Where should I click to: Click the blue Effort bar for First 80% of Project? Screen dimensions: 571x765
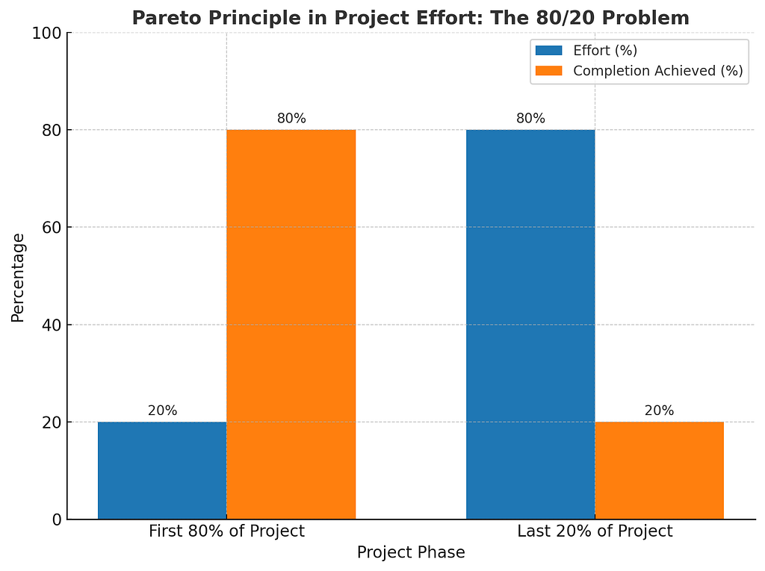click(x=162, y=470)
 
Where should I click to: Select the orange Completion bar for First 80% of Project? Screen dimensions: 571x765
click(x=291, y=325)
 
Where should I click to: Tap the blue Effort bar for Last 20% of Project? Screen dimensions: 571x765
click(x=530, y=325)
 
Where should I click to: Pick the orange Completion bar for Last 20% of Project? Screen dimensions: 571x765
click(x=659, y=470)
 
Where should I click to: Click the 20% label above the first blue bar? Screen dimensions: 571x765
click(x=162, y=411)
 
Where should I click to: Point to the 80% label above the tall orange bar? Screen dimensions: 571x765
click(x=291, y=118)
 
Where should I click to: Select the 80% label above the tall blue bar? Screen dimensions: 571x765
click(x=530, y=118)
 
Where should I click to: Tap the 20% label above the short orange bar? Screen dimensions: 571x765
click(x=659, y=411)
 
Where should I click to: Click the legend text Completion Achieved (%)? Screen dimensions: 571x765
click(x=657, y=71)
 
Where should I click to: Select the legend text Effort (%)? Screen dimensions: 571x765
click(x=605, y=51)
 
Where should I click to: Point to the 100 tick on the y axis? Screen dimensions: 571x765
click(x=48, y=33)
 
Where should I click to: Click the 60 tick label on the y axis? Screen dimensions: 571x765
click(x=52, y=227)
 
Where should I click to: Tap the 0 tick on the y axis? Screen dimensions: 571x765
click(x=56, y=519)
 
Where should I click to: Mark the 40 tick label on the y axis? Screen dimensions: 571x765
click(x=52, y=325)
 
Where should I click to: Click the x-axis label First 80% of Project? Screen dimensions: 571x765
click(x=226, y=531)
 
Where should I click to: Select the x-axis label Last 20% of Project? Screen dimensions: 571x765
click(x=595, y=531)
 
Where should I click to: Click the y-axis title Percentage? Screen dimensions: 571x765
click(x=18, y=277)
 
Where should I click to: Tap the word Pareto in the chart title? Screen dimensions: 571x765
click(x=159, y=17)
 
